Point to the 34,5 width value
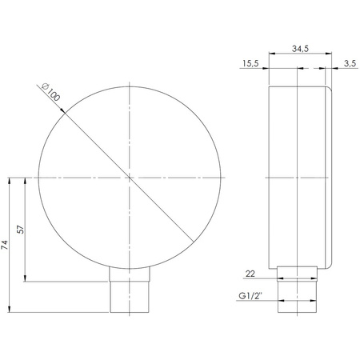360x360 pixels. pos(301,50)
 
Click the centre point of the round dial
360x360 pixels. pos(129,176)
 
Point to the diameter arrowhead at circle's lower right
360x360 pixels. pos(190,238)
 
